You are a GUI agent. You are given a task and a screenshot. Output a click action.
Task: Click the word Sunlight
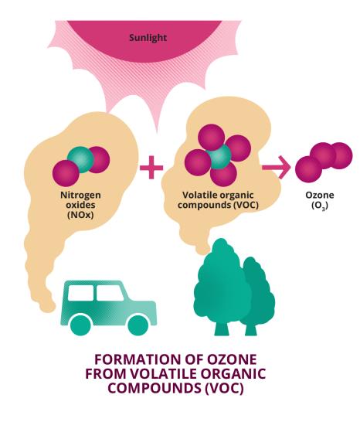(x=148, y=38)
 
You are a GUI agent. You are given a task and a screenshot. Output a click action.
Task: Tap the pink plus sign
(x=151, y=168)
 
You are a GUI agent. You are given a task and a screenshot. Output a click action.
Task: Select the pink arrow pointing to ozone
(x=277, y=168)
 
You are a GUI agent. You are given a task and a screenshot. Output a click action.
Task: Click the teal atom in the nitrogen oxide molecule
(x=80, y=159)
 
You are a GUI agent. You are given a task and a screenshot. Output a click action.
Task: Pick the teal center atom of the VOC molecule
(x=219, y=156)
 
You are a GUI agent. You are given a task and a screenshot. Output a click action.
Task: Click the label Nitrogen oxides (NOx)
(x=80, y=205)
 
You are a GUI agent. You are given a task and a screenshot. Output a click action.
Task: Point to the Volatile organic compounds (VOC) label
(x=218, y=200)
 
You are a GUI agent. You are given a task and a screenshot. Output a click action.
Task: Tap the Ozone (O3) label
(x=320, y=200)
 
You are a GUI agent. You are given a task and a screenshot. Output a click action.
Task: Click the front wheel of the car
(x=138, y=325)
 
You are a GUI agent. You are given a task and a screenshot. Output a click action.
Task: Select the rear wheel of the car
(x=80, y=325)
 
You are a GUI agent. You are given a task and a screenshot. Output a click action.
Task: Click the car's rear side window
(x=80, y=293)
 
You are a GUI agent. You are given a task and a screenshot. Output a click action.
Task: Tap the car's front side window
(x=110, y=293)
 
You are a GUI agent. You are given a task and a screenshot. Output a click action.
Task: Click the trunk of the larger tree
(x=222, y=328)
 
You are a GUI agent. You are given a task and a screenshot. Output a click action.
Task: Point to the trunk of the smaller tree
(x=251, y=328)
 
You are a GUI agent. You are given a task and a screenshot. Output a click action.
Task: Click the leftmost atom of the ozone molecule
(x=308, y=169)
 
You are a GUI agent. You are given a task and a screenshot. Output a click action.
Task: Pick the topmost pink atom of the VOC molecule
(x=212, y=138)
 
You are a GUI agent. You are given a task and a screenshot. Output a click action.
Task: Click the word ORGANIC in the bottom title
(x=233, y=373)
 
